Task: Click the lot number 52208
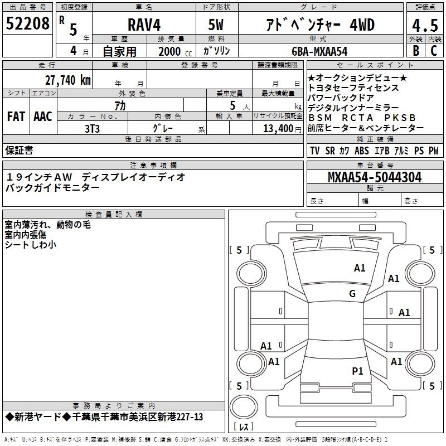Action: pyautogui.click(x=27, y=23)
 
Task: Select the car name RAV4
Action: pyautogui.click(x=144, y=25)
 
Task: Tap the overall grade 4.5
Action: pyautogui.click(x=425, y=25)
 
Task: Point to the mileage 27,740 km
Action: pyautogui.click(x=67, y=80)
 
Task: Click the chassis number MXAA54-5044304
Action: pyautogui.click(x=375, y=177)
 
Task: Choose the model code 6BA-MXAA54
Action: pyautogui.click(x=319, y=51)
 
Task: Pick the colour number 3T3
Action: pyautogui.click(x=92, y=129)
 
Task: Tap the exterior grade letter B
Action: pyautogui.click(x=416, y=51)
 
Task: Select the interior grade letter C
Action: pyautogui.click(x=434, y=51)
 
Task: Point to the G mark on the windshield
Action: pyautogui.click(x=352, y=293)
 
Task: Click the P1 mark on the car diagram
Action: pyautogui.click(x=357, y=371)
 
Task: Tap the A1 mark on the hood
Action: pyautogui.click(x=360, y=268)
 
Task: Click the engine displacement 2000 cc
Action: pyautogui.click(x=175, y=52)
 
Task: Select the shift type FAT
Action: pyautogui.click(x=16, y=117)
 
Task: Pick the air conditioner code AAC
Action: pyautogui.click(x=43, y=117)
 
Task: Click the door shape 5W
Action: pyautogui.click(x=216, y=25)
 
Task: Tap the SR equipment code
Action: pyautogui.click(x=330, y=151)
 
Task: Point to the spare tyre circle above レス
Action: pyautogui.click(x=244, y=407)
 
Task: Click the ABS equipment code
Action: pyautogui.click(x=361, y=151)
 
